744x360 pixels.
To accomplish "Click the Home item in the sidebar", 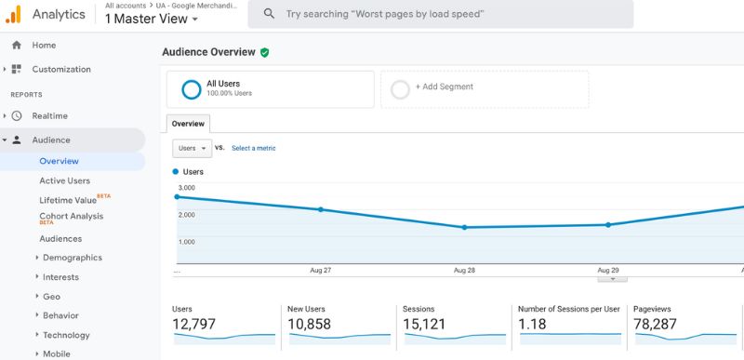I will pyautogui.click(x=44, y=45).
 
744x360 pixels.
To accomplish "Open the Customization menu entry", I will pyautogui.click(x=61, y=69).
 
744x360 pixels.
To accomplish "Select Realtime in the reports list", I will pyautogui.click(x=49, y=115).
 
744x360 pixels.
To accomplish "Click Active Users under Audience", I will pyautogui.click(x=65, y=180).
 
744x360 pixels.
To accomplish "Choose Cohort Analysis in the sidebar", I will pyautogui.click(x=71, y=216).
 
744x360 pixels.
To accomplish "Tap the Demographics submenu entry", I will pyautogui.click(x=73, y=258).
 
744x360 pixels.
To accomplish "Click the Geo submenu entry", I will pyautogui.click(x=51, y=297).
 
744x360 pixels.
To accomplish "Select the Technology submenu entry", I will pyautogui.click(x=66, y=335).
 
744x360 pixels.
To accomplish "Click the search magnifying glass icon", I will pyautogui.click(x=269, y=14).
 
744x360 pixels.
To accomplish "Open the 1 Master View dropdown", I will pyautogui.click(x=152, y=18).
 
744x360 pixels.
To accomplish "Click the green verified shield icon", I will pyautogui.click(x=265, y=53).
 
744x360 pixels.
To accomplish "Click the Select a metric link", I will pyautogui.click(x=253, y=148).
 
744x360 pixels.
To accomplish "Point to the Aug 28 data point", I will pyautogui.click(x=464, y=227).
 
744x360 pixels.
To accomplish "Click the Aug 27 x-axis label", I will pyautogui.click(x=321, y=270).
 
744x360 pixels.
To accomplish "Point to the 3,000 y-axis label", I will pyautogui.click(x=186, y=188).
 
